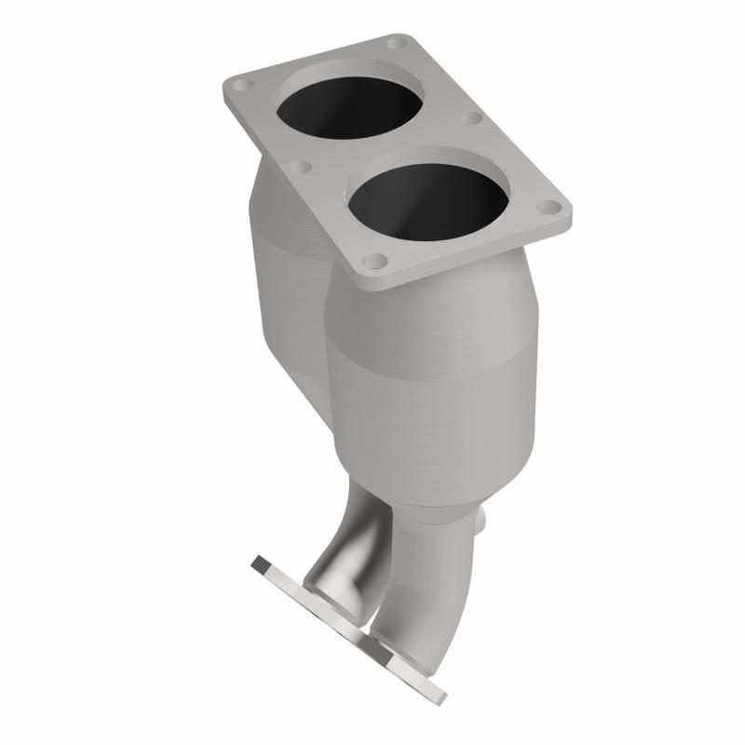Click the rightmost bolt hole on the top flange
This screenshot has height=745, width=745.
pos(551,209)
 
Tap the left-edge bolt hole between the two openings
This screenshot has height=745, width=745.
pos(300,169)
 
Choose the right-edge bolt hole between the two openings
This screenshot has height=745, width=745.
pos(471,119)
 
